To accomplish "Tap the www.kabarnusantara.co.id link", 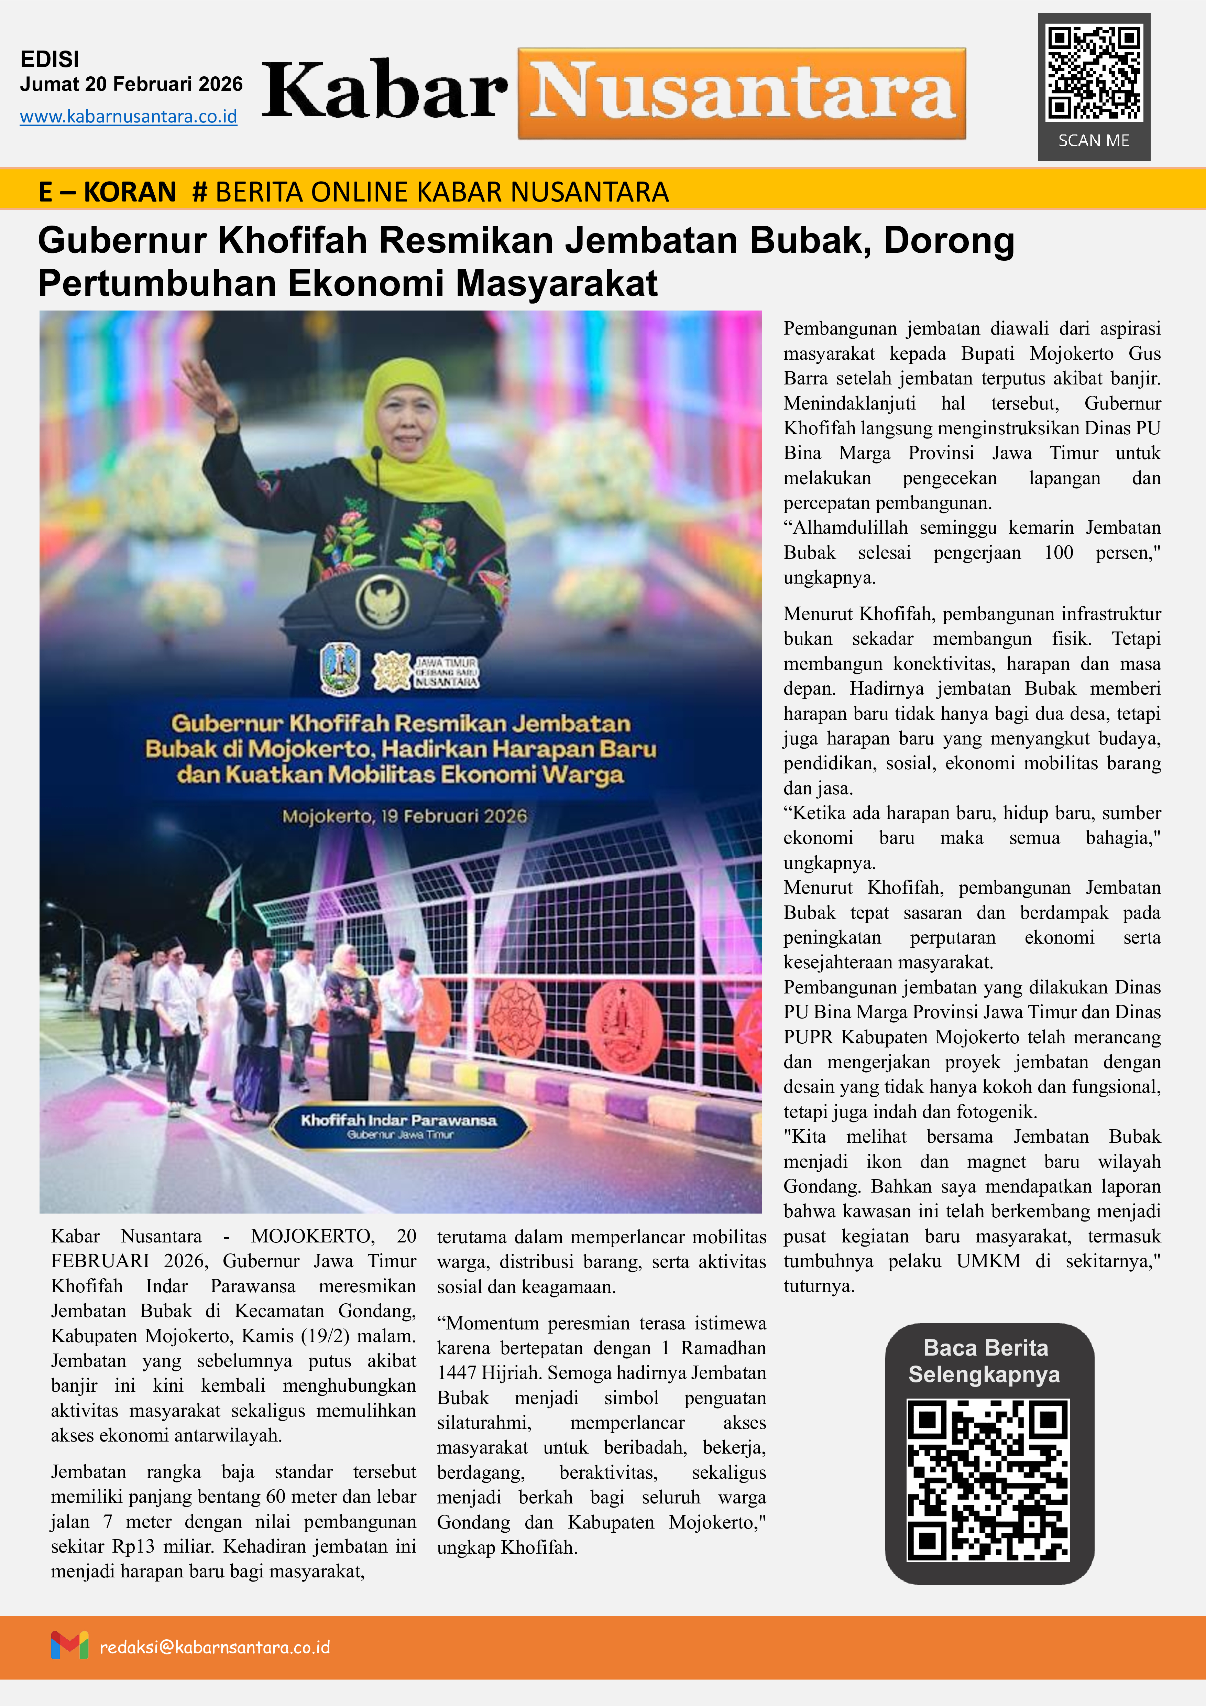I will point(129,117).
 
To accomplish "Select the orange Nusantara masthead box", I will point(742,94).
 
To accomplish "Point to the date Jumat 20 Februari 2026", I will point(131,84).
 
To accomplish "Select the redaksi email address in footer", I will point(215,1647).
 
